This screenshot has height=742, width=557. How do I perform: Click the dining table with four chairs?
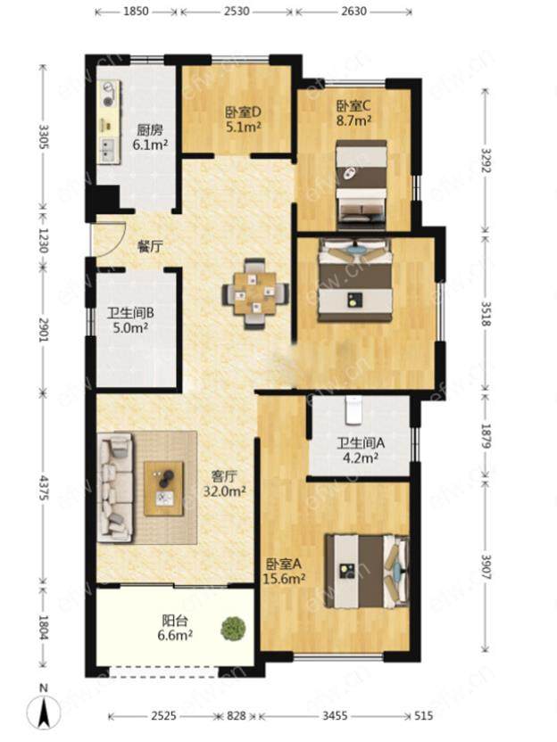pyautogui.click(x=256, y=293)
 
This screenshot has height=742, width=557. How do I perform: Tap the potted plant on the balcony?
pyautogui.click(x=234, y=627)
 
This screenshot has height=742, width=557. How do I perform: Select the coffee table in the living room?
pyautogui.click(x=164, y=489)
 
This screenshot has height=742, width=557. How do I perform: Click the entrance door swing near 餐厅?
pyautogui.click(x=110, y=239)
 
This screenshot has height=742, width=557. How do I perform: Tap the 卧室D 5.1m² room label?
pyautogui.click(x=244, y=119)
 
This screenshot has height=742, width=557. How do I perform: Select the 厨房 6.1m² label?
pyautogui.click(x=150, y=136)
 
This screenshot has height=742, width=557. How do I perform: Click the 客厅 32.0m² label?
pyautogui.click(x=225, y=483)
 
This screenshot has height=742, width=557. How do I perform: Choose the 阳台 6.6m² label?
pyautogui.click(x=175, y=628)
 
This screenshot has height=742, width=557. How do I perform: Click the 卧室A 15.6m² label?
pyautogui.click(x=283, y=570)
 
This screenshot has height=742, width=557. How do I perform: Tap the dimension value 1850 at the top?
pyautogui.click(x=137, y=11)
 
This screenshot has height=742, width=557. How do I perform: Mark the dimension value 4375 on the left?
pyautogui.click(x=43, y=488)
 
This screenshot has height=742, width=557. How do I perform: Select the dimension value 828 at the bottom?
pyautogui.click(x=236, y=716)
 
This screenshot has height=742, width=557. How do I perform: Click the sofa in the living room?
pyautogui.click(x=115, y=488)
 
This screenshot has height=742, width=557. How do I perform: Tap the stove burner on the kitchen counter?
pyautogui.click(x=110, y=94)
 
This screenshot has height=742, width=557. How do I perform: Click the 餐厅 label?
pyautogui.click(x=150, y=246)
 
